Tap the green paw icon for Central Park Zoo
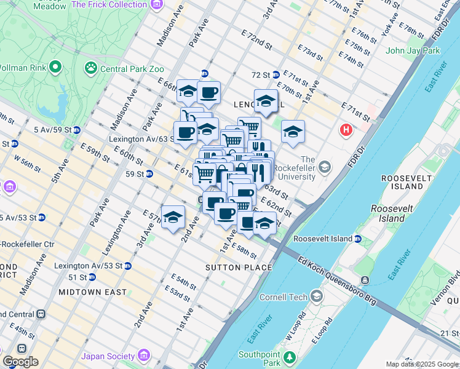pyautogui.click(x=92, y=67)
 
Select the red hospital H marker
pyautogui.click(x=346, y=130)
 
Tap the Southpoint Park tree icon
pyautogui.click(x=289, y=356)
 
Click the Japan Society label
pyautogui.click(x=108, y=356)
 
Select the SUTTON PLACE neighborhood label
pyautogui.click(x=239, y=268)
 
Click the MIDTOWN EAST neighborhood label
pyautogui.click(x=92, y=292)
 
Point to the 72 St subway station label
pyautogui.click(x=261, y=74)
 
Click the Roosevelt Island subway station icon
pyautogui.click(x=358, y=239)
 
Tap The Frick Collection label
pyautogui.click(x=109, y=5)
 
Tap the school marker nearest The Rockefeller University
pyautogui.click(x=293, y=132)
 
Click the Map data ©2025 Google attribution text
pyautogui.click(x=422, y=364)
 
